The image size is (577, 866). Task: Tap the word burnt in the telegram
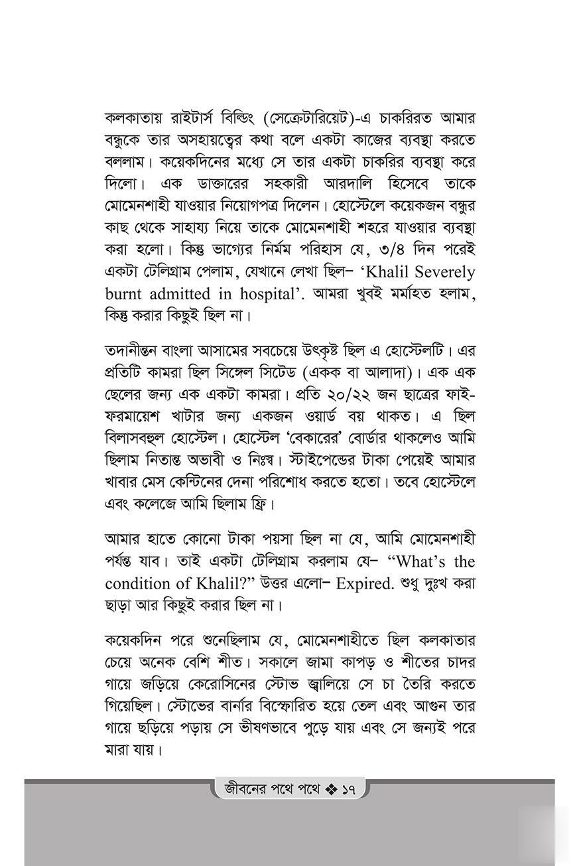pyautogui.click(x=127, y=293)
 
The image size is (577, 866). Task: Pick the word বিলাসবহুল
pyautogui.click(x=145, y=438)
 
